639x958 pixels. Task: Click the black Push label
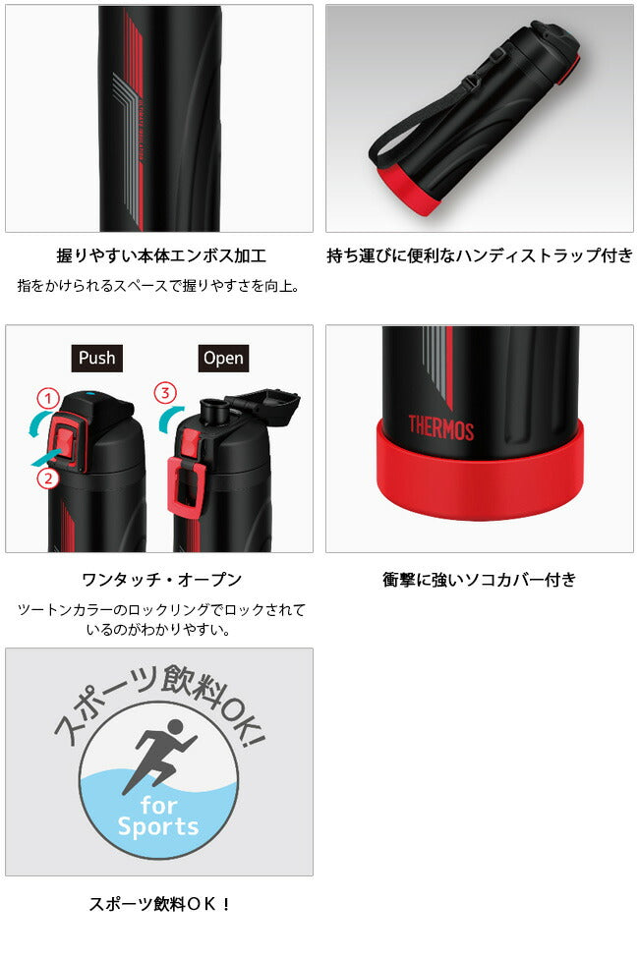tap(96, 358)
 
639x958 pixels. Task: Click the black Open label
tap(223, 358)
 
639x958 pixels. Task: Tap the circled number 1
tap(48, 399)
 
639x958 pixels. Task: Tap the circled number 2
tap(48, 478)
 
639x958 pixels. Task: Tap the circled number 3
tap(165, 392)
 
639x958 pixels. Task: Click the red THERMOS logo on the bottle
tap(440, 427)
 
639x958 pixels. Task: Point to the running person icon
tap(161, 756)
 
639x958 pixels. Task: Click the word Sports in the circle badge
tap(158, 826)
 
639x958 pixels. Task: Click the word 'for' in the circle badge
tap(159, 806)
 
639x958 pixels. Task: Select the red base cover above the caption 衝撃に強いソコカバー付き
tap(480, 475)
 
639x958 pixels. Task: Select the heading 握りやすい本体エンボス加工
tap(161, 255)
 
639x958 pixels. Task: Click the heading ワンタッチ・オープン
tap(161, 579)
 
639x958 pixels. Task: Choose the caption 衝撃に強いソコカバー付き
tap(480, 579)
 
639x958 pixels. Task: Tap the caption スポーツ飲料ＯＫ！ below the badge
tap(160, 904)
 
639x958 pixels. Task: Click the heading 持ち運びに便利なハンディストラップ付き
tap(480, 255)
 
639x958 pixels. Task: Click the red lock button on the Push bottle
tap(64, 440)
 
